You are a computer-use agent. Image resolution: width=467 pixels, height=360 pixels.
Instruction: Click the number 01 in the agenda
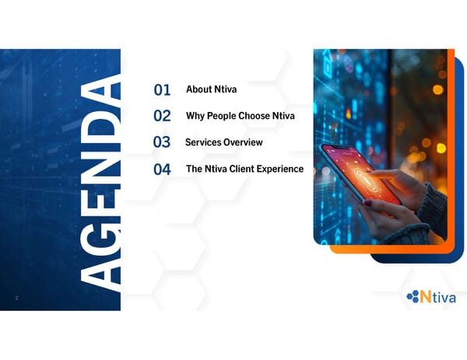tap(162, 91)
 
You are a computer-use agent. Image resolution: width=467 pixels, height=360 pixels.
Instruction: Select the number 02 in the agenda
tap(162, 117)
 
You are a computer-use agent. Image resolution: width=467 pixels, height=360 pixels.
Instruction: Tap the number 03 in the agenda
tap(162, 142)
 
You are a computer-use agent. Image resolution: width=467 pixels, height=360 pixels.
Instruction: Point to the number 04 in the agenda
tap(162, 169)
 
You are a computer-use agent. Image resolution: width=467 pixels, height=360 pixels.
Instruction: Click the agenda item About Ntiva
tap(211, 89)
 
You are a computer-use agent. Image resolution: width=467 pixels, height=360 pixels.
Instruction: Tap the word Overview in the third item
tap(244, 142)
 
